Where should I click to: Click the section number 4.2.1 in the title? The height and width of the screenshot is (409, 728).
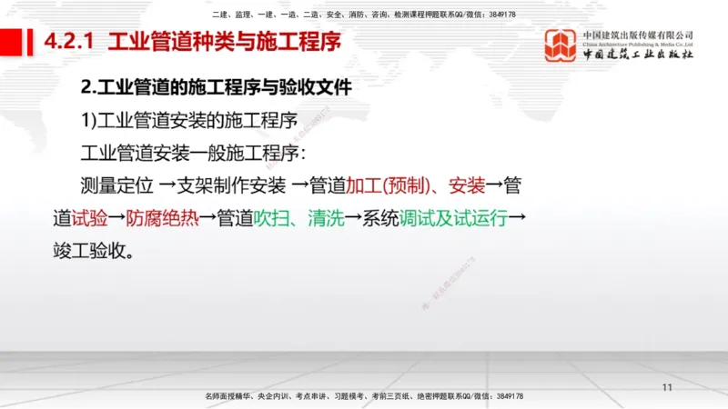pos(73,42)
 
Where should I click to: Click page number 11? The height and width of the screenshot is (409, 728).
pos(667,388)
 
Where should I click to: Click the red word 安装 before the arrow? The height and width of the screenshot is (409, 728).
pos(464,186)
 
